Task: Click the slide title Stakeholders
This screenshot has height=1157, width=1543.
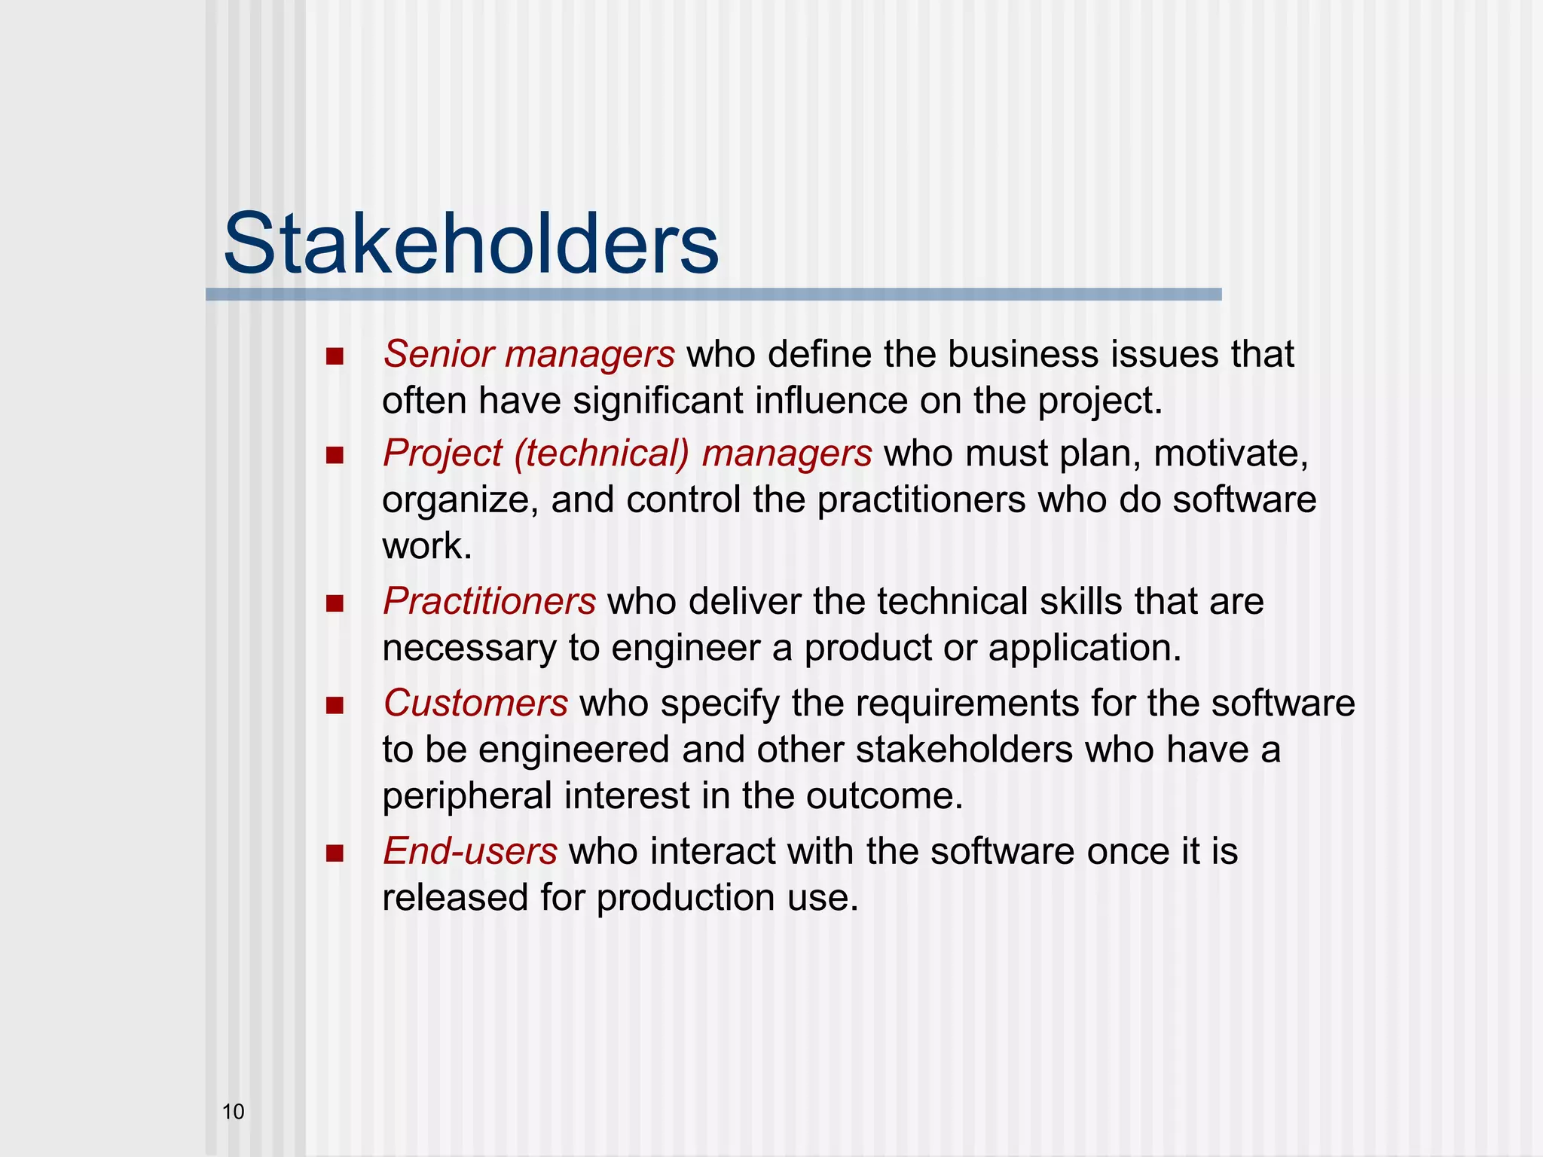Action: coord(471,243)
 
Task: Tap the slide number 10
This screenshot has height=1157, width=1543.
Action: coord(233,1112)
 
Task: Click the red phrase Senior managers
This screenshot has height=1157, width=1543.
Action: coord(528,354)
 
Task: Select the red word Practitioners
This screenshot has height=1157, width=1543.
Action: coord(489,601)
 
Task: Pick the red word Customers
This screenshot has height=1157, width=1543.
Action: coord(475,703)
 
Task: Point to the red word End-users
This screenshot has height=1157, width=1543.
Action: coord(470,851)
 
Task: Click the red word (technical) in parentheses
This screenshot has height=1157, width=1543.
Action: coord(601,453)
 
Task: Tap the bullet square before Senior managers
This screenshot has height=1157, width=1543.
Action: coord(335,356)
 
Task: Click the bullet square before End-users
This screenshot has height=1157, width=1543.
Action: coord(335,853)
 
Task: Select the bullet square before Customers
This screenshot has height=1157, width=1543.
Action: coord(335,706)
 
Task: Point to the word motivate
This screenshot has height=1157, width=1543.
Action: coord(1230,453)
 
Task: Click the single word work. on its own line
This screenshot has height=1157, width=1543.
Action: coord(426,546)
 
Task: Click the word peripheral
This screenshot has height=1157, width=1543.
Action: coord(467,796)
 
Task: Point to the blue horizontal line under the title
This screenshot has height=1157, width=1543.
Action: coord(713,295)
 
